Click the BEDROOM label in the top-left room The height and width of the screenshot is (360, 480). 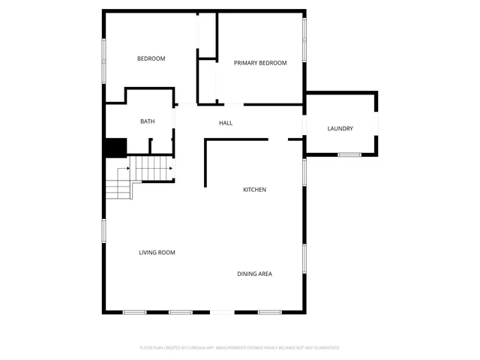151,58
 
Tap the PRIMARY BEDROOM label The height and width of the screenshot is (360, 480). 260,63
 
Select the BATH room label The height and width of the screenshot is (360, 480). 148,121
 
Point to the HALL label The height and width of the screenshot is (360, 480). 226,122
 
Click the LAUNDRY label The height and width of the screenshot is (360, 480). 340,129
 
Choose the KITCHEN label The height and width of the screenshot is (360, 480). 254,190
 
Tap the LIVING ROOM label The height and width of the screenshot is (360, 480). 157,253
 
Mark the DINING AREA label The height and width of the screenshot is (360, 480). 255,274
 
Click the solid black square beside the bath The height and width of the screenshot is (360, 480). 115,148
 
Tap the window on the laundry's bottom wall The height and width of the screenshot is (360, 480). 349,154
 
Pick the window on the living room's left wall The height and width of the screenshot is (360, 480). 104,232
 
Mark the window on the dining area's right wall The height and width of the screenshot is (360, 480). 304,259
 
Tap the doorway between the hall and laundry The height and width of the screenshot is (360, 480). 304,125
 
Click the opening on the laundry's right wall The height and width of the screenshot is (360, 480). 377,124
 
